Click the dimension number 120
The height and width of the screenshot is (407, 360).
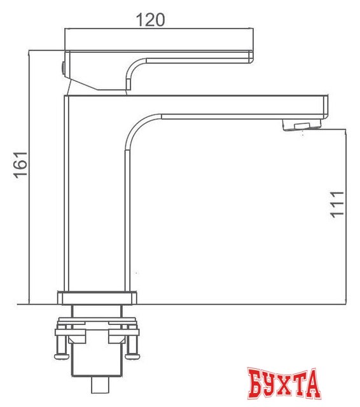(x=151, y=20)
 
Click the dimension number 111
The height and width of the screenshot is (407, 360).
(x=337, y=203)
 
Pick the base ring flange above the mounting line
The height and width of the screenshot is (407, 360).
(x=97, y=298)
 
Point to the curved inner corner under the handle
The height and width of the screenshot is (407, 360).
(x=135, y=66)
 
